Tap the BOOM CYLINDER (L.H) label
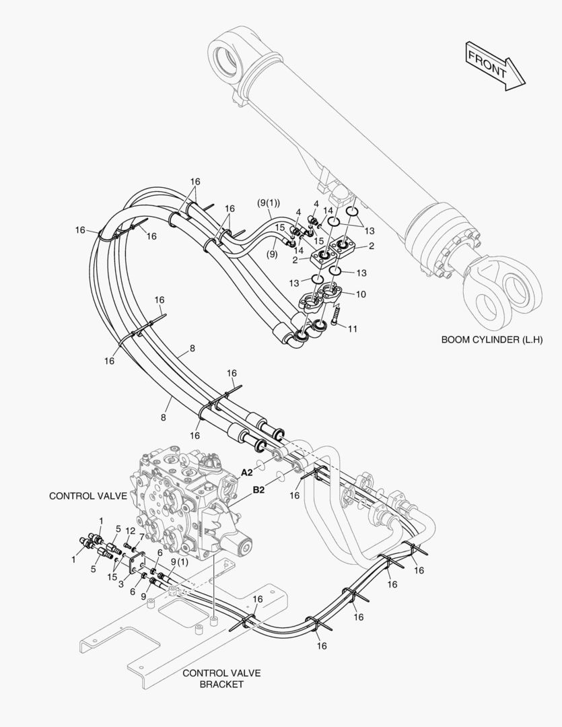pyautogui.click(x=491, y=340)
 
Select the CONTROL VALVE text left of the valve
pyautogui.click(x=88, y=496)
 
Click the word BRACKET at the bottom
pyautogui.click(x=221, y=685)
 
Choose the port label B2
pyautogui.click(x=258, y=491)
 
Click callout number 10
pyautogui.click(x=361, y=294)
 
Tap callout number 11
pyautogui.click(x=353, y=328)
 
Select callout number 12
pyautogui.click(x=131, y=531)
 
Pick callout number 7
pyautogui.click(x=142, y=536)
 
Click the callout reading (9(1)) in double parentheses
pyautogui.click(x=269, y=203)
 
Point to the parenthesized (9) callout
pyautogui.click(x=271, y=254)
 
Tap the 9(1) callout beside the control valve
pyautogui.click(x=178, y=562)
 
